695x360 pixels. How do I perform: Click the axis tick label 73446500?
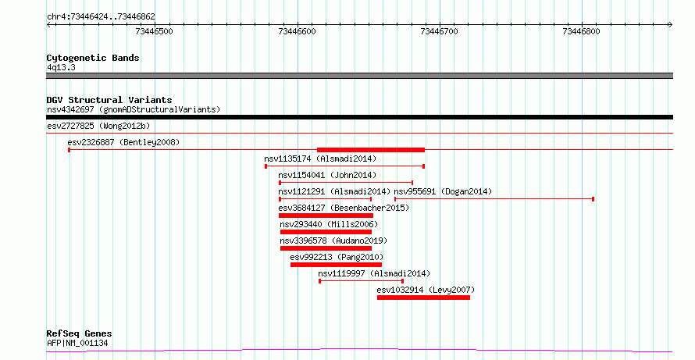pos(155,31)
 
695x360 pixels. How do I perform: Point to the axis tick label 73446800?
pos(581,31)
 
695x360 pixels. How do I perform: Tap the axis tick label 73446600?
pos(297,31)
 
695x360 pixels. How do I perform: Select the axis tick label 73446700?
pos(439,31)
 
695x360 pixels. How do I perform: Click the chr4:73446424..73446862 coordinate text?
pos(101,17)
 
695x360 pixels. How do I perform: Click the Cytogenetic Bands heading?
pos(93,58)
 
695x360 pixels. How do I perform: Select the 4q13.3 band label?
pos(61,67)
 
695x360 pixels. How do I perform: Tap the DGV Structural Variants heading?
pos(109,100)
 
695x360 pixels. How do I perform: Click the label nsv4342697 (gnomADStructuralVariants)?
pos(134,109)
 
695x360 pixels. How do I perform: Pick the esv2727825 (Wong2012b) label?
pos(98,127)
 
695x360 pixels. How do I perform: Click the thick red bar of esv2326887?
pos(371,150)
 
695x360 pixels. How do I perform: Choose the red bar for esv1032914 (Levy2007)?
pos(423,298)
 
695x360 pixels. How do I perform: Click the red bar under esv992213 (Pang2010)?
pos(336,265)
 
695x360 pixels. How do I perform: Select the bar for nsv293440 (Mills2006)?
pos(326,232)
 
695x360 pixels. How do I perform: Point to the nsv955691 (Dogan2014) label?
pos(443,192)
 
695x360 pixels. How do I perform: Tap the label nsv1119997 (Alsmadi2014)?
pos(374,274)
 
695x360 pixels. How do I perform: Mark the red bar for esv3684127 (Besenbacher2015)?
pos(326,216)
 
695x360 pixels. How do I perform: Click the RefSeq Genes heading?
pos(80,333)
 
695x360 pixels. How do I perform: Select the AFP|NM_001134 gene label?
pos(77,343)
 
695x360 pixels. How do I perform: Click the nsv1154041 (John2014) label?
pos(327,176)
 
